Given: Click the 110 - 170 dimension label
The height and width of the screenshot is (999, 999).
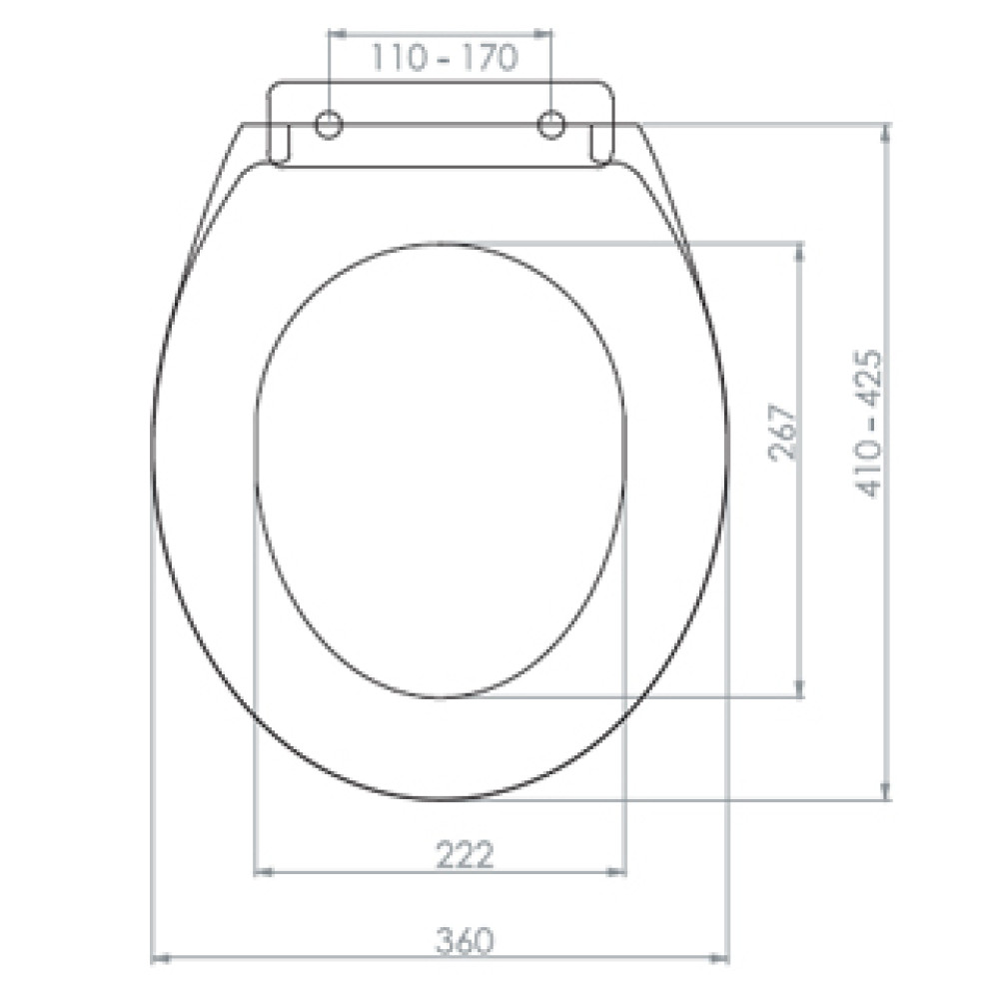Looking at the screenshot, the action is point(445,58).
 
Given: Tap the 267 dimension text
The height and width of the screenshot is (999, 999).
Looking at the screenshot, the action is point(783,432).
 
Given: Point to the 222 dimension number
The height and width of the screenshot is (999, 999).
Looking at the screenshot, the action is point(465,855).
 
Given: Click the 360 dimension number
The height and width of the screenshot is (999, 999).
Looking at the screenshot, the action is point(465,941).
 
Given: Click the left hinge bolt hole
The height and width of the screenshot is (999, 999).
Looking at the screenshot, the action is point(329,125).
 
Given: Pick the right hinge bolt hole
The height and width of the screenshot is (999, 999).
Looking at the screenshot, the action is point(551,125).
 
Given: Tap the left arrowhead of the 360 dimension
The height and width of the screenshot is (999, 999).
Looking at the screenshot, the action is point(161,958).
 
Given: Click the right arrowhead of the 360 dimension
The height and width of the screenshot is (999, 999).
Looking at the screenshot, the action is point(719,958).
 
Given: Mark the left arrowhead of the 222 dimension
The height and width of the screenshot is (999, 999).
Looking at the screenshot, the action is point(264,871).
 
